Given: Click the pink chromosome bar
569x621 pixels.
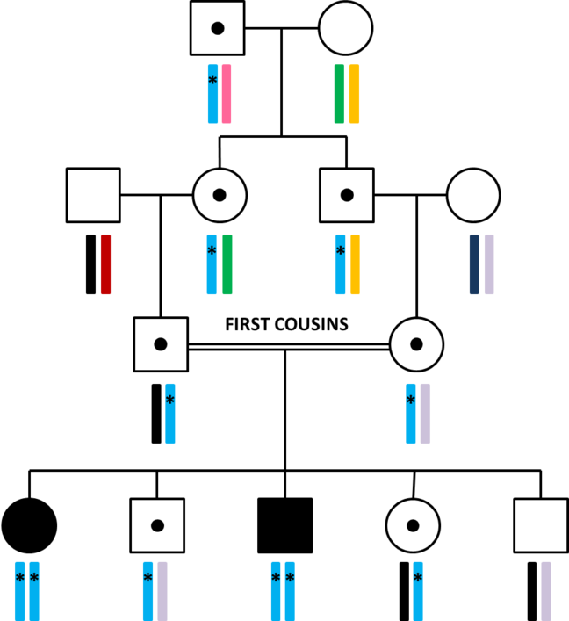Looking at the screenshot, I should click(227, 94).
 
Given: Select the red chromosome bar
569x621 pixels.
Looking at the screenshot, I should click(105, 264).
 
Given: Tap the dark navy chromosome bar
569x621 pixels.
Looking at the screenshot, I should click(474, 264).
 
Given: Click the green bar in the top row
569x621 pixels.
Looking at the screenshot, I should click(339, 94).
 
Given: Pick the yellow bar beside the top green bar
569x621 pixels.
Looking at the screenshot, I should click(354, 94).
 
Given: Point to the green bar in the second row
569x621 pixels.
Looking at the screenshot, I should click(227, 264).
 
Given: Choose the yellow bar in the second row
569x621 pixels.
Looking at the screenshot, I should click(355, 264).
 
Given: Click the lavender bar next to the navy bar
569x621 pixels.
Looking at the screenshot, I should click(489, 264).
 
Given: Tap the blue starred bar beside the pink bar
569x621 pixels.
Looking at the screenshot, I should click(212, 94).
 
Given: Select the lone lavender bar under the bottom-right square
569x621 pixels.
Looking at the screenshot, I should click(546, 591).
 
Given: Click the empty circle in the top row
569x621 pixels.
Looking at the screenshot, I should click(345, 28).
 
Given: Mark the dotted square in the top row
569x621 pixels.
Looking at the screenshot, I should click(218, 28).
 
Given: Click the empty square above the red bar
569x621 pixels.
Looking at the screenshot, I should click(93, 195).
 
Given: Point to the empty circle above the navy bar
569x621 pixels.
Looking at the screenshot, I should click(473, 195).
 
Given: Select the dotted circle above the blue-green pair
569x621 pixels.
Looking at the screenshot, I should click(220, 195).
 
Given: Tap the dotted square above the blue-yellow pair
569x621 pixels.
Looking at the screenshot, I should click(347, 195).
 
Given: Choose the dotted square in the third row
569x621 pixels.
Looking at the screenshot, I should click(161, 344).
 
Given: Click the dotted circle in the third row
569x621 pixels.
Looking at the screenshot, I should click(416, 344).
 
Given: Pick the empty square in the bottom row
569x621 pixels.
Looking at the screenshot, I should click(541, 525).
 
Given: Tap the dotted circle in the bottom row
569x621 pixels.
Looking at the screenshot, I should click(413, 525).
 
